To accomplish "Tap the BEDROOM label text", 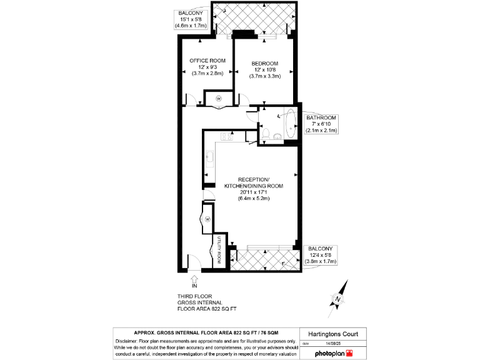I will pos(264,63).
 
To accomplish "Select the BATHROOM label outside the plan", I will pos(321,118).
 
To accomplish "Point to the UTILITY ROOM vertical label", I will pos(219,250).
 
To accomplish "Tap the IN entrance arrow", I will pos(194,282).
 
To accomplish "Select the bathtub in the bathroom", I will pos(291,125).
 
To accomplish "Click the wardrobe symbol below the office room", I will pos(219,99).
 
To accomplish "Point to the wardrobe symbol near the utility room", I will pos(207,219).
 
